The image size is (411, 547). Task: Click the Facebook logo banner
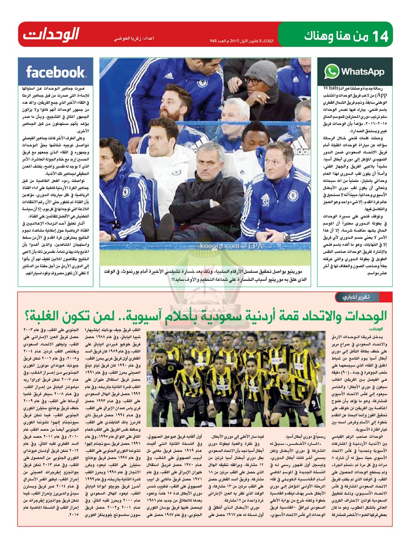point(55,72)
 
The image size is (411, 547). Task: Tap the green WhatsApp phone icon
point(332,72)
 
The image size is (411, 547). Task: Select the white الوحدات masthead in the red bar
point(51,34)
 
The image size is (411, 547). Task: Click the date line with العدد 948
point(241,41)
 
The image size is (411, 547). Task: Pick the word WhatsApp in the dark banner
point(363,72)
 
